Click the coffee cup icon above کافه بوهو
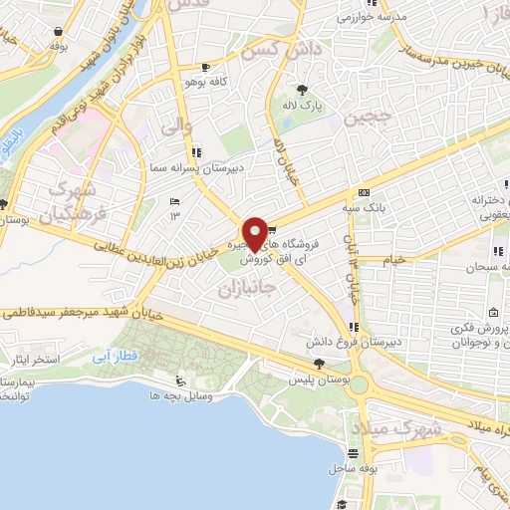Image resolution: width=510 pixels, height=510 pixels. pos(205,68)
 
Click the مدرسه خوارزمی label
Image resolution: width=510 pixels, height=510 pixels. pos(365,17)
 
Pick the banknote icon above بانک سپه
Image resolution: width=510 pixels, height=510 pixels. pos(365,192)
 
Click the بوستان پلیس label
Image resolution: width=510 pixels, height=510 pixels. pos(319,380)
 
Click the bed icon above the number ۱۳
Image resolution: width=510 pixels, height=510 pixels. pos(174,200)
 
